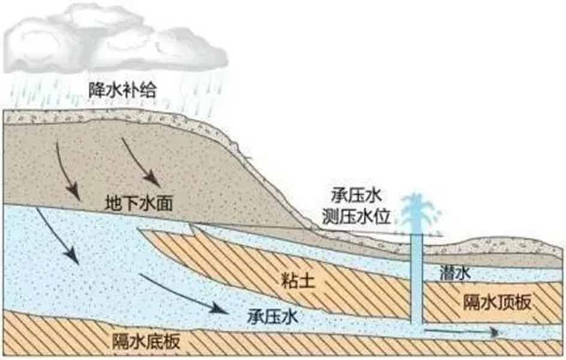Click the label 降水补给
pos(122,89)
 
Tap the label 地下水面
pos(139,203)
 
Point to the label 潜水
pos(455,273)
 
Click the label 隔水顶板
pos(497,302)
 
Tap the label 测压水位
pos(356,216)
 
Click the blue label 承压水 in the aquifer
pos(273,317)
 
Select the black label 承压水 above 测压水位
pos(356,196)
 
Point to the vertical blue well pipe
pos(417,279)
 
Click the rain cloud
pos(115,40)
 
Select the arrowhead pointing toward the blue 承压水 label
pos(219,308)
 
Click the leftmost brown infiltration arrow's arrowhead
pos(73,191)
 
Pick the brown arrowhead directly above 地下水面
pos(152,179)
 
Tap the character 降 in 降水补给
pos(97,89)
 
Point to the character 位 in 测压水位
pos(382,216)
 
